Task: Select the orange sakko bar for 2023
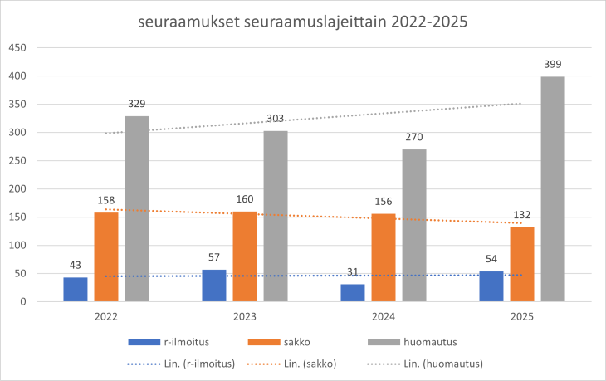245,256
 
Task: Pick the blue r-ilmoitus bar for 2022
76,290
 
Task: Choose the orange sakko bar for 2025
522,264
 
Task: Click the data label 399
552,65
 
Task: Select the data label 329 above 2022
137,105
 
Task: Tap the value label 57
214,258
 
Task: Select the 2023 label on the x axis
245,317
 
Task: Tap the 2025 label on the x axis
521,317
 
